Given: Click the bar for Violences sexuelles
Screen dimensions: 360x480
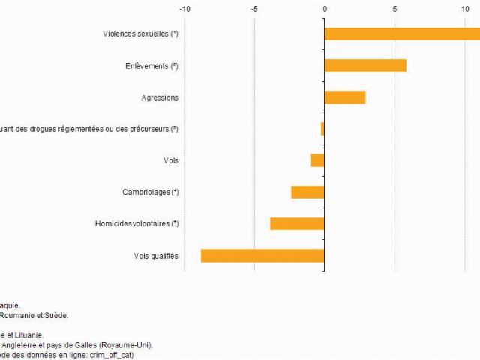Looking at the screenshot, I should pos(402,34).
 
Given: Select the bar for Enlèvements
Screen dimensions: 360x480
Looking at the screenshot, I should pos(365,65).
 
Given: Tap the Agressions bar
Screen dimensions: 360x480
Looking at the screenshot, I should pos(345,97).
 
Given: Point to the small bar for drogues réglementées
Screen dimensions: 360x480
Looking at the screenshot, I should pos(322,129).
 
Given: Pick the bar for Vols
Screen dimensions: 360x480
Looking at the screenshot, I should pos(318,160).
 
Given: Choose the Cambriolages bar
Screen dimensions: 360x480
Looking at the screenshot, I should pos(307,192).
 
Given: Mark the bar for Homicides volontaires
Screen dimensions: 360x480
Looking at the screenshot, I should pos(297,223).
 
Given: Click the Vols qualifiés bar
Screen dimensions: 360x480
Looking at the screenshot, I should pos(262,256).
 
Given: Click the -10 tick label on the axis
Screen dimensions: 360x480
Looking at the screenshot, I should pos(184,9).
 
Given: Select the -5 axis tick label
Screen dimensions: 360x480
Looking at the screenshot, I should pos(254,9).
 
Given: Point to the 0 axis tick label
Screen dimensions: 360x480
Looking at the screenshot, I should pos(325,9).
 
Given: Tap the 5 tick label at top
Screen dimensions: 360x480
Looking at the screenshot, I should pos(394,9).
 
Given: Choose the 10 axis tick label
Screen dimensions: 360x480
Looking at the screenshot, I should pos(464,9).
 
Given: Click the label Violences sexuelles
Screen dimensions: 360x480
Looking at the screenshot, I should pos(140,34).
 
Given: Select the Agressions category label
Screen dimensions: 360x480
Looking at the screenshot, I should pos(160,97).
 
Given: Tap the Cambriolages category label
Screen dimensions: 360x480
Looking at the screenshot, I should pos(150,193).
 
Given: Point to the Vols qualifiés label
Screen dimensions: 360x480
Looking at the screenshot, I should pos(156,256).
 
